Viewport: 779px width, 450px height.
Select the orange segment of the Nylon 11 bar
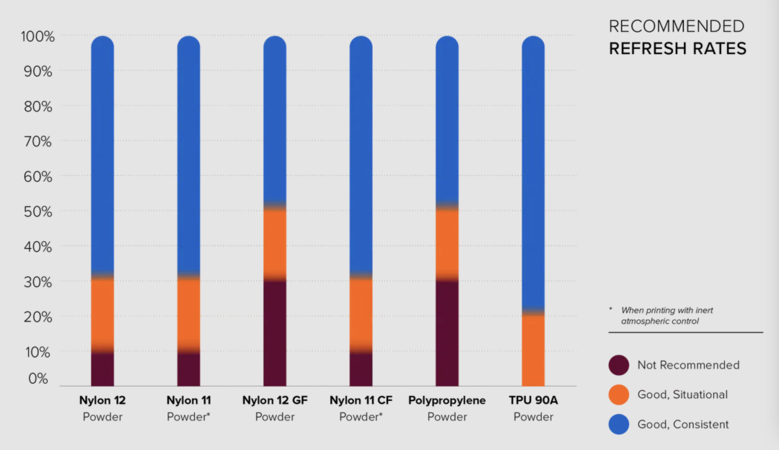pyautogui.click(x=188, y=310)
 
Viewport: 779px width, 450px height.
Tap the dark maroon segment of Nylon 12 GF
pyautogui.click(x=275, y=332)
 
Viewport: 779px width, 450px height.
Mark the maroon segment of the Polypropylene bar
pyautogui.click(x=447, y=332)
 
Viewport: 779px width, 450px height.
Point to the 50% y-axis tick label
pyautogui.click(x=36, y=212)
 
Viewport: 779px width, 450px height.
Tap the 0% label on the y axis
pyautogui.click(x=40, y=379)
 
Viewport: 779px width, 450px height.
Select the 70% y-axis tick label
pyautogui.click(x=36, y=142)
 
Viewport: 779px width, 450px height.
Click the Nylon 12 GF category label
pyautogui.click(x=275, y=400)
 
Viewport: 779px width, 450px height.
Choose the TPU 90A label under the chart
pyautogui.click(x=533, y=400)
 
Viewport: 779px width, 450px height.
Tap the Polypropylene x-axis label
pyautogui.click(x=447, y=400)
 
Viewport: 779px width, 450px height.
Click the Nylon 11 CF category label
pyautogui.click(x=361, y=400)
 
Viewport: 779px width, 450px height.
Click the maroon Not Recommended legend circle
pyautogui.click(x=618, y=365)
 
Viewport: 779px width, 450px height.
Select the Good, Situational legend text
pyautogui.click(x=682, y=394)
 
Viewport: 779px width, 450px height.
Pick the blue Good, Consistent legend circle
pyautogui.click(x=618, y=424)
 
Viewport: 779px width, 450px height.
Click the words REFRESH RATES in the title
pyautogui.click(x=677, y=49)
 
